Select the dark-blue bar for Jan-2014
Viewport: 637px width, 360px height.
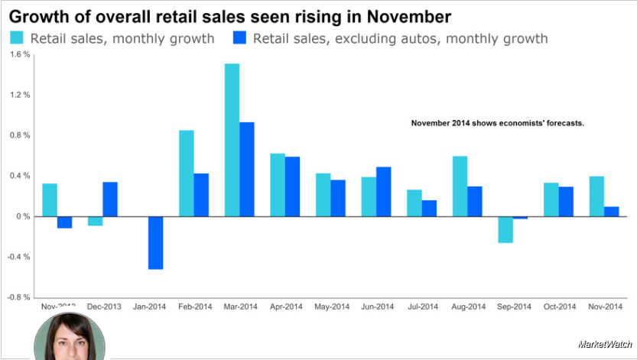[155, 242]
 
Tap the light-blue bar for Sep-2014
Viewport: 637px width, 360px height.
[505, 229]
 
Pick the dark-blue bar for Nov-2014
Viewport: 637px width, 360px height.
[611, 212]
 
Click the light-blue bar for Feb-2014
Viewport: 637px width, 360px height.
[186, 174]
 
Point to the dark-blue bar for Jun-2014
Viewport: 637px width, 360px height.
[384, 191]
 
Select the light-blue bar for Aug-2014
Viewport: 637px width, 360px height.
[460, 186]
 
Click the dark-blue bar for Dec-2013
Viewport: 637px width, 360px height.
[110, 199]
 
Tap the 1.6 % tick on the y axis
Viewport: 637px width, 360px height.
[20, 54]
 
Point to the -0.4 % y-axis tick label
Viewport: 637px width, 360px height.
[19, 257]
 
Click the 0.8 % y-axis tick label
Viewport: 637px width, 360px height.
[20, 135]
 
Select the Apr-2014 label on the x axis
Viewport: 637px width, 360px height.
[288, 306]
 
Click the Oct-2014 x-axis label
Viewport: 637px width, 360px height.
[561, 306]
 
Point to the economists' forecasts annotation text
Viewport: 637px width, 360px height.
[497, 123]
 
